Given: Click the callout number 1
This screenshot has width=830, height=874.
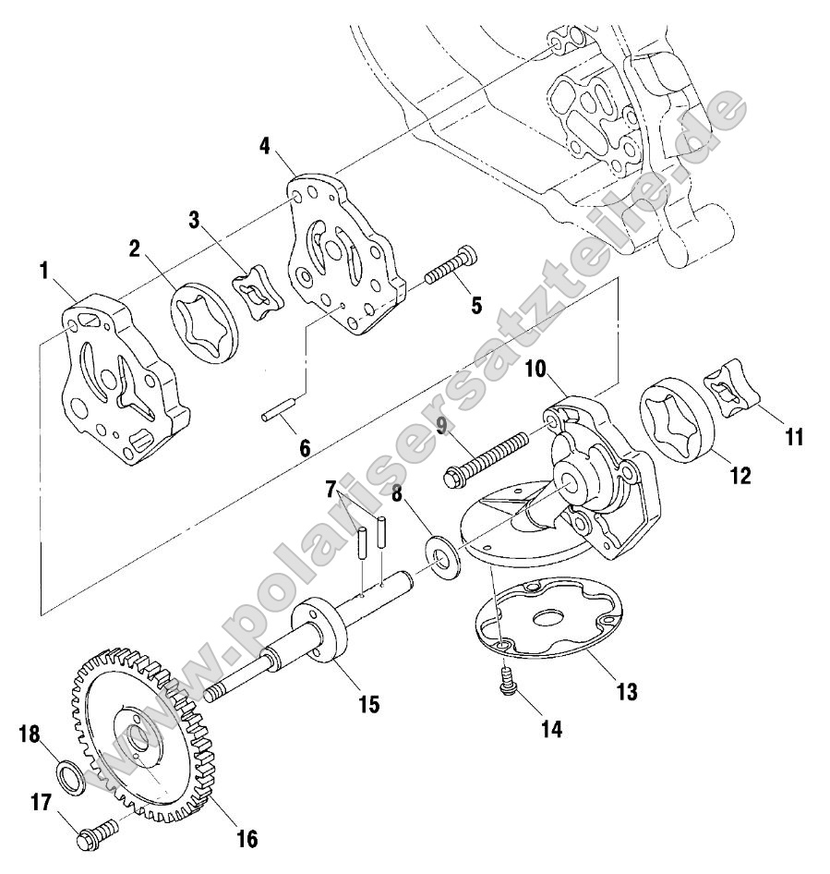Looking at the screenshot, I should click(x=43, y=271).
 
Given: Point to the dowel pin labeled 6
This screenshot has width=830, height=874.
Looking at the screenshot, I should click(x=278, y=411).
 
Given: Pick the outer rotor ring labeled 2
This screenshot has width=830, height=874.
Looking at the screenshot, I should click(x=205, y=321).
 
